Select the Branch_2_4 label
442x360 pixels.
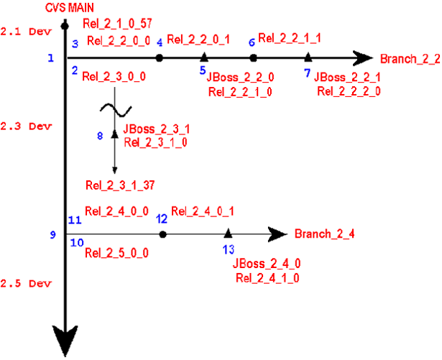[x=325, y=234]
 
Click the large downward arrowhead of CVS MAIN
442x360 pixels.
[x=65, y=340]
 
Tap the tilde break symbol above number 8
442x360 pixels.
[x=115, y=110]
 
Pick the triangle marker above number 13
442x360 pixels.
[x=228, y=233]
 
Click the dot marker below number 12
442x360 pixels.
[x=163, y=234]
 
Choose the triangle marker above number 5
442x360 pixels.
[x=204, y=57]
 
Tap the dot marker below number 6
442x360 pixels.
[x=253, y=57]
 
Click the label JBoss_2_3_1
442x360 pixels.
[x=157, y=130]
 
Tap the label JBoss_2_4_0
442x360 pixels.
[x=267, y=264]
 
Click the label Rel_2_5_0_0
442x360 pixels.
[x=116, y=253]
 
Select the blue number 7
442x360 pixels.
[x=308, y=73]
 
